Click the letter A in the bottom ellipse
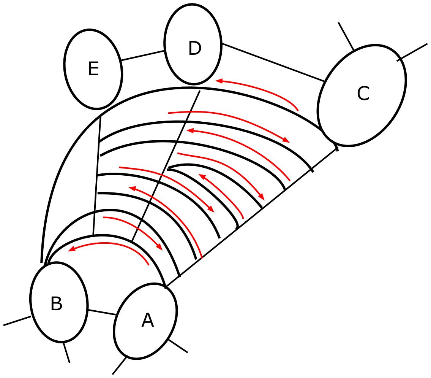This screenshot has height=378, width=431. pos(147,321)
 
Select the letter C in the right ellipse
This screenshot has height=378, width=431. pos(363,94)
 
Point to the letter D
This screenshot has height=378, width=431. pos(194,49)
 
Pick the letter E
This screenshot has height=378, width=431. pos(93,69)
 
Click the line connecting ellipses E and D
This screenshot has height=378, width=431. pos(143,56)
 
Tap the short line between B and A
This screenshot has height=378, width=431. pos(102,312)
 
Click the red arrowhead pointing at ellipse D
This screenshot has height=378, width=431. pos(219,81)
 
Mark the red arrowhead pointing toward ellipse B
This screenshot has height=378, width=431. pos(71,250)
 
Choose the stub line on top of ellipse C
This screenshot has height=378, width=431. pos(346,36)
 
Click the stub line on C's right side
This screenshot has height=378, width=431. pos(413,52)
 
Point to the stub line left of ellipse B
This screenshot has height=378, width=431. pos(17,321)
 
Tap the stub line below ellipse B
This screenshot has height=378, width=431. pos(66,353)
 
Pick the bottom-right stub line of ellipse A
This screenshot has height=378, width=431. pos(178,346)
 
